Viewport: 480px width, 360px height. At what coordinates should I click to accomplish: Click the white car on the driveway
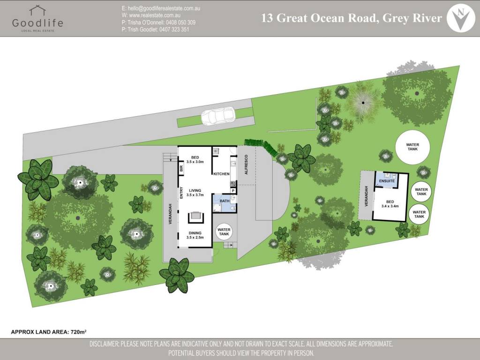coord(218,116)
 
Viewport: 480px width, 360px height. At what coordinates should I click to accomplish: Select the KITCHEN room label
coord(221,174)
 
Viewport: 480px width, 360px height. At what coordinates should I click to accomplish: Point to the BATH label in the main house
coord(225,201)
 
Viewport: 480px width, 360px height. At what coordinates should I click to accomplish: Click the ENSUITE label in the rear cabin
coord(387,181)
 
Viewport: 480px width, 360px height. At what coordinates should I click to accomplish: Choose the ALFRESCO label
coord(246,165)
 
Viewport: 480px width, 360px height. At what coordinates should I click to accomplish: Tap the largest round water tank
coord(412,147)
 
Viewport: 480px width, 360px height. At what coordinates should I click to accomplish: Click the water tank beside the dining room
coord(224,232)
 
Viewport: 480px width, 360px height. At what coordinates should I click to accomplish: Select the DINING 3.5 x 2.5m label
coord(195,235)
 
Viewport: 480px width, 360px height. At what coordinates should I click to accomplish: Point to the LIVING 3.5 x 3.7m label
coord(195,193)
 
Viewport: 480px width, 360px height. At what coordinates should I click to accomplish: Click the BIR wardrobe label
coord(181,168)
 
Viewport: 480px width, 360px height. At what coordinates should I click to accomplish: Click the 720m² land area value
coord(78,332)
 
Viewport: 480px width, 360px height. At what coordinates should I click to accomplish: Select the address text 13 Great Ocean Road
coord(319,18)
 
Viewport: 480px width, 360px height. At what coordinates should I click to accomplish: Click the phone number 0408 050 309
coord(180,22)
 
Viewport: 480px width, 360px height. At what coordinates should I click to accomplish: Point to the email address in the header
coord(164,8)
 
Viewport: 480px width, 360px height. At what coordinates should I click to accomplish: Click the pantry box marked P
coord(233,191)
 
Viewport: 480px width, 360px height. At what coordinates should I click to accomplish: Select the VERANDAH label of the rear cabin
coord(366,196)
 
